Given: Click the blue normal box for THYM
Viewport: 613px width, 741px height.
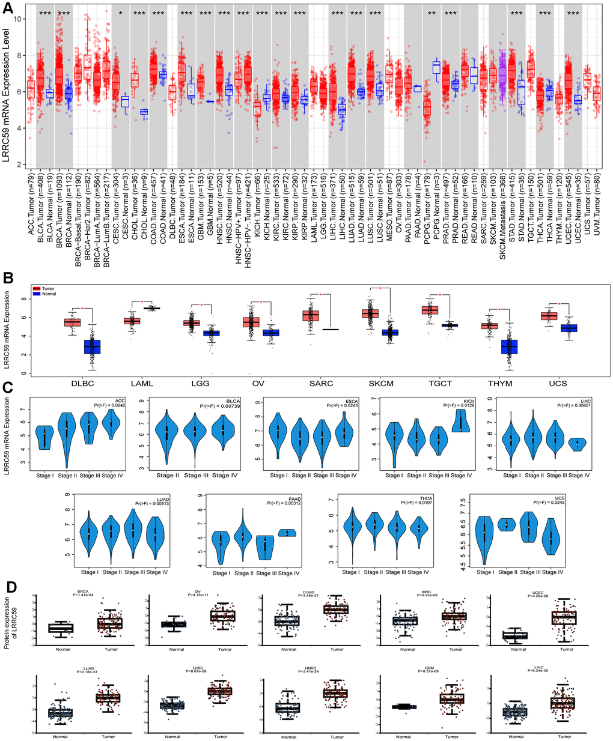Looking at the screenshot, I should [509, 348].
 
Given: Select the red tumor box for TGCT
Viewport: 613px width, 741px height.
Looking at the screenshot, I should [430, 310].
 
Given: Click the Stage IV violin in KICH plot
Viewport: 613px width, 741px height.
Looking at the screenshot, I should [462, 420].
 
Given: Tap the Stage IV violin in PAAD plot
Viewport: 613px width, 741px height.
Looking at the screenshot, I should [290, 533].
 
